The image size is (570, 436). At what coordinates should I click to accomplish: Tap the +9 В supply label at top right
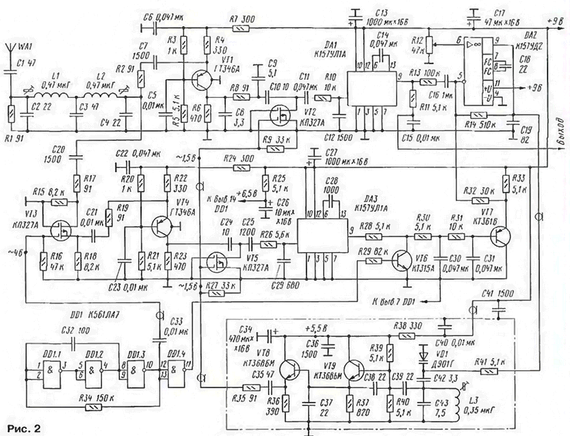click(x=555, y=21)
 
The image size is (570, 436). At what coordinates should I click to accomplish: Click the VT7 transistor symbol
click(x=502, y=236)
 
